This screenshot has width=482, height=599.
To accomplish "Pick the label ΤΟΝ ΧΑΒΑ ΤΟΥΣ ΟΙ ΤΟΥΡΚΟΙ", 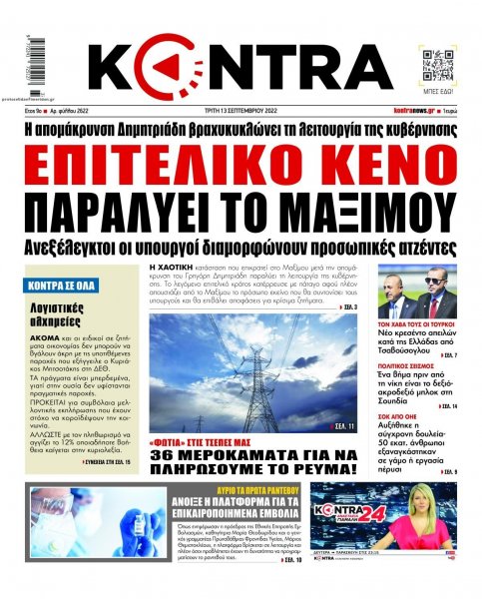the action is [x=414, y=326].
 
